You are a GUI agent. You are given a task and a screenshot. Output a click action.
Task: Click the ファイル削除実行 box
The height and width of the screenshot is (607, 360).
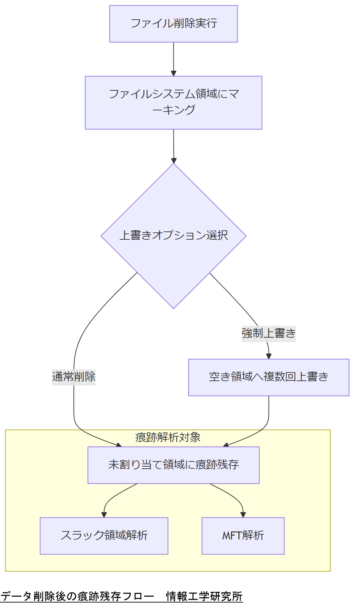[x=173, y=24]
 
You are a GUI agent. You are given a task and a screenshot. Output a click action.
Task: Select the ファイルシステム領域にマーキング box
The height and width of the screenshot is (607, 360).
[x=173, y=103]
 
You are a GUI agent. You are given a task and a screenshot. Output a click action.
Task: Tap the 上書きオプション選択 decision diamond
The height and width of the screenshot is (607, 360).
[x=173, y=236]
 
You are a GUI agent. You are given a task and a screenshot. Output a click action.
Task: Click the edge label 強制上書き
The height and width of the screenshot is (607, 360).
[x=269, y=334]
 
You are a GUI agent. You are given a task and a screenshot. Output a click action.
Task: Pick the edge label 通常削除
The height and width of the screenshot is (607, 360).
[x=74, y=377]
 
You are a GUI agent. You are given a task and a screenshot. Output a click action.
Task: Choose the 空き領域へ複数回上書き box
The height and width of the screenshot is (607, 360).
[x=269, y=377]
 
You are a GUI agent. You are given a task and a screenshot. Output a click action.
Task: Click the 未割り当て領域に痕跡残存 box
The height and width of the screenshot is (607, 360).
[x=173, y=465]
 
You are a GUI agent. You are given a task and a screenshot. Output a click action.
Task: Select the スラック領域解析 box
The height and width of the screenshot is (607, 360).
[x=104, y=536]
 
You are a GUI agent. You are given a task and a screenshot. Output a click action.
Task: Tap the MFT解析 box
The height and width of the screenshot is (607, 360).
[x=243, y=536]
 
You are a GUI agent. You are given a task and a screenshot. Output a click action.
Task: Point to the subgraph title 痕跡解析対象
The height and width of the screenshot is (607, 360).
[x=168, y=437]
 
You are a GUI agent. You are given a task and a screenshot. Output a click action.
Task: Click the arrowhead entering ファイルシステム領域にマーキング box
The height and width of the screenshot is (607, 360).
[x=173, y=73]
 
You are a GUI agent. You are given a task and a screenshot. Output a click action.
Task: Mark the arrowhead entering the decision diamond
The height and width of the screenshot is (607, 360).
[x=174, y=161]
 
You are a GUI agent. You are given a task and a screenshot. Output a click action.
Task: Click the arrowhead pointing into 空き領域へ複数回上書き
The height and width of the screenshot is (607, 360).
[x=269, y=356]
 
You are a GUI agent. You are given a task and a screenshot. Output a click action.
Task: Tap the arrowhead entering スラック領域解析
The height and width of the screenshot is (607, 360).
[x=104, y=515]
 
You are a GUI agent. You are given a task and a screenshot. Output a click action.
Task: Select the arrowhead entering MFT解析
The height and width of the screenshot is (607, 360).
[x=243, y=515]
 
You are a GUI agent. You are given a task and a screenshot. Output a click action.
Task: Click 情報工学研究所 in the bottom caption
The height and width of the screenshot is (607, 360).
[x=204, y=596]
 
